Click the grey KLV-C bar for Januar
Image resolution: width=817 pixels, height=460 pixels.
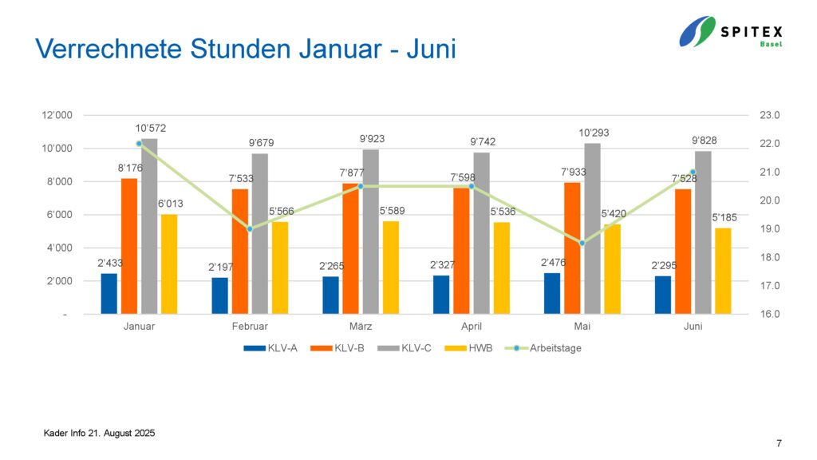(x=149, y=226)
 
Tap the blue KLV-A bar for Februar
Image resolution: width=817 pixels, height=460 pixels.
(x=219, y=295)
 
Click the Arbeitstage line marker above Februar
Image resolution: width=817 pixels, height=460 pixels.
(x=250, y=229)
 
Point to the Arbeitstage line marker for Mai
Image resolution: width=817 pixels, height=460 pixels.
(x=582, y=243)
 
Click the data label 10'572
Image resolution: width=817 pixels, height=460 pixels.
(x=151, y=129)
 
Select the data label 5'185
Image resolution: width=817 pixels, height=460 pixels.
(x=724, y=217)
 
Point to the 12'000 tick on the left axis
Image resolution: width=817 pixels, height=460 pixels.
(x=57, y=116)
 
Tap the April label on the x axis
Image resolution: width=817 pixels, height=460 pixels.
(x=471, y=327)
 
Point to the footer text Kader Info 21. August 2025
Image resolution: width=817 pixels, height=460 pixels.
(x=99, y=433)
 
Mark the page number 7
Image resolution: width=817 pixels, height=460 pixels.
(x=778, y=443)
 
